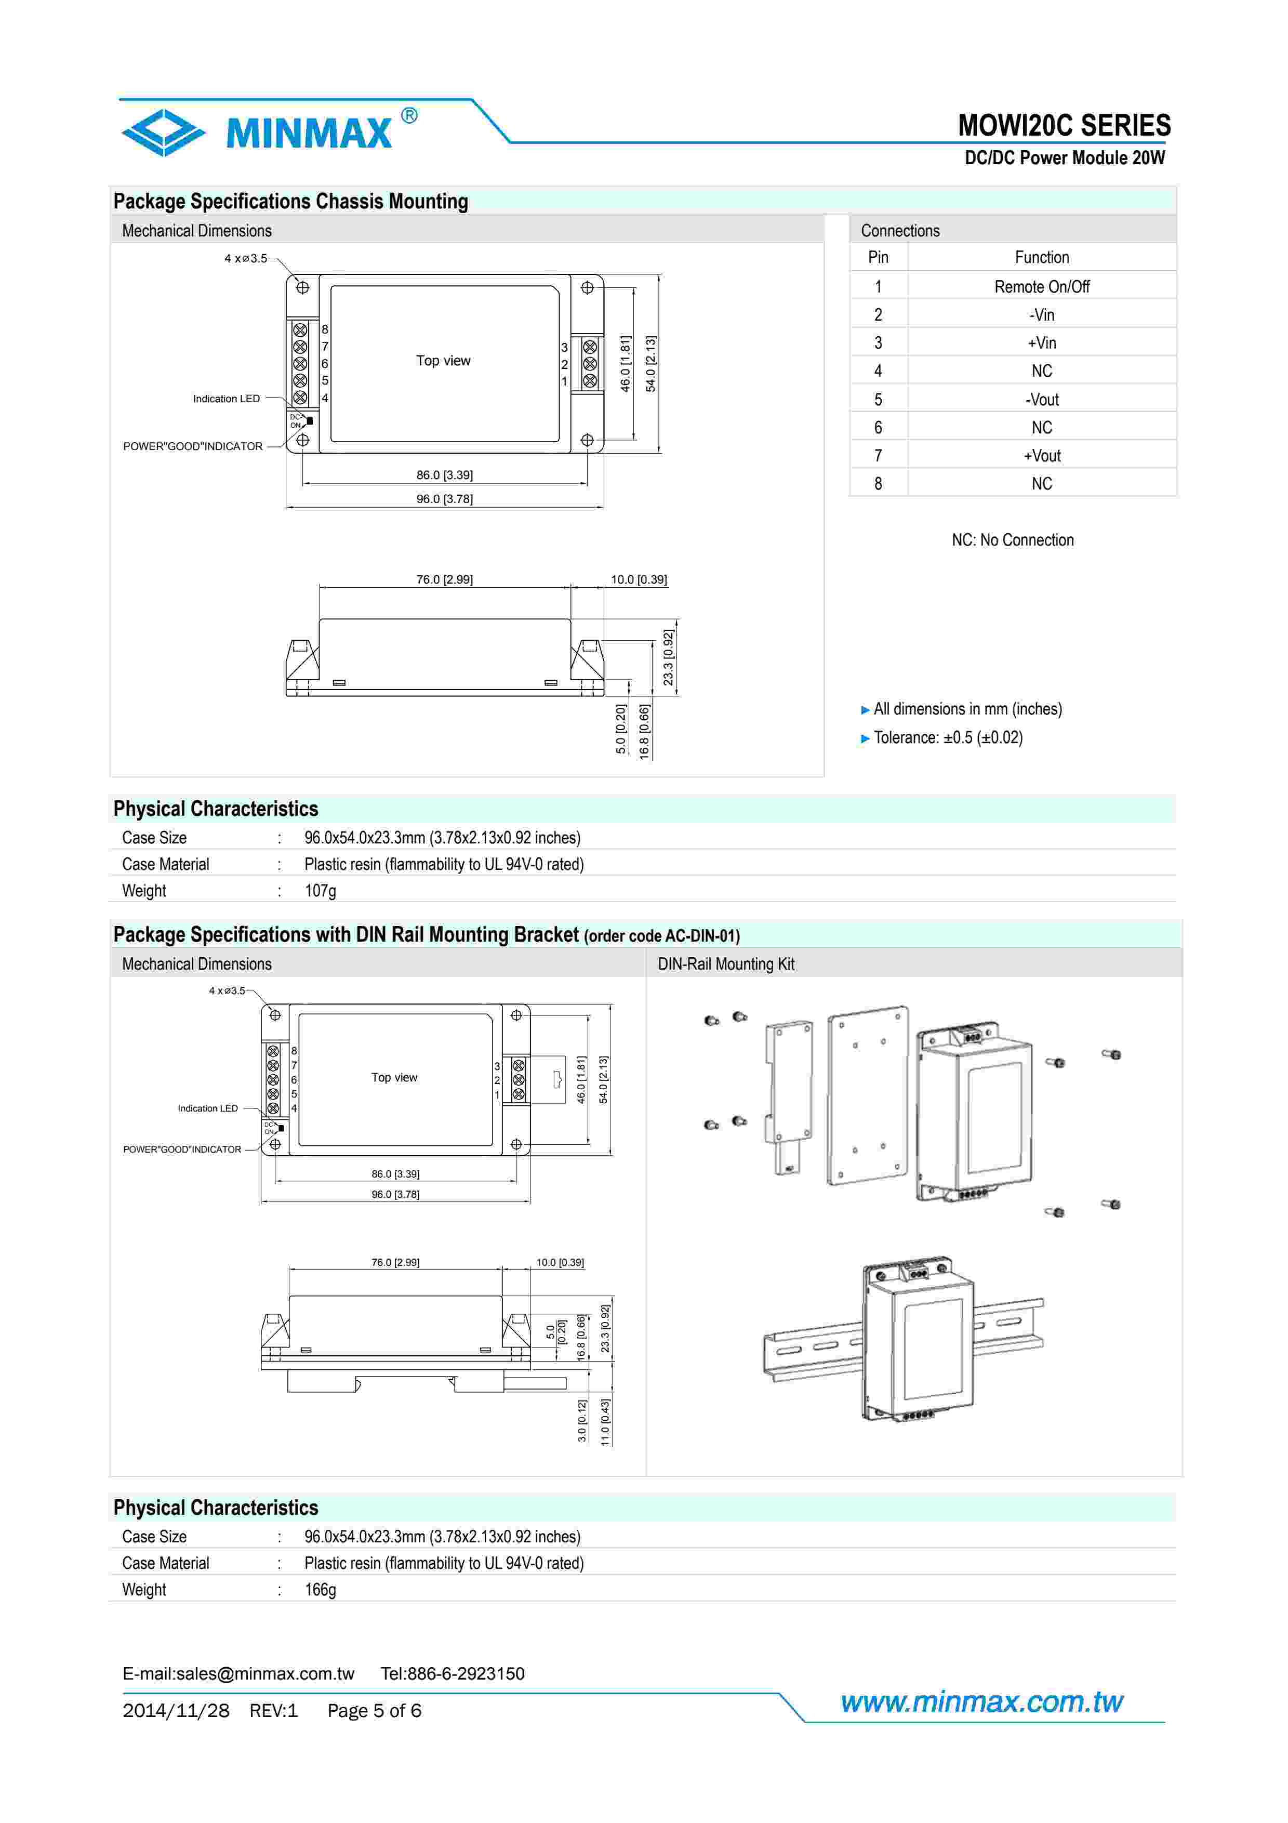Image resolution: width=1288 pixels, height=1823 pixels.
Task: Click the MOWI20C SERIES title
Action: [x=1064, y=125]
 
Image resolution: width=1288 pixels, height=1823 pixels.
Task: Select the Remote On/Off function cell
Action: [x=1041, y=287]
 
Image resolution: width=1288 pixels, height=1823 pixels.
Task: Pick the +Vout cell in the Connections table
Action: [x=1041, y=456]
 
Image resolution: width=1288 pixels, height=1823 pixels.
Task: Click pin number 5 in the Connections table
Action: [x=878, y=400]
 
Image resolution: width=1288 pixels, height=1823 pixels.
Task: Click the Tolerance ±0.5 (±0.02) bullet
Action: [x=948, y=737]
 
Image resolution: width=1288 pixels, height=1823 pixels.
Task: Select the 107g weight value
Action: [x=320, y=891]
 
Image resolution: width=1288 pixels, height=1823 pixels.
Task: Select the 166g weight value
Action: [x=320, y=1590]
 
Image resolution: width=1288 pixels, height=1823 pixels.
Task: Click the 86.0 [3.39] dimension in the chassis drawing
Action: [x=444, y=475]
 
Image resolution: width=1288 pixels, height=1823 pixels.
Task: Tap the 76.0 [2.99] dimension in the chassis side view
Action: [x=444, y=579]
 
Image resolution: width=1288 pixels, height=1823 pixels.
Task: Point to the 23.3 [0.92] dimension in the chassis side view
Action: [x=668, y=657]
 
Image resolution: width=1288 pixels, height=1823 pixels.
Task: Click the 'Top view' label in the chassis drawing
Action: [x=443, y=361]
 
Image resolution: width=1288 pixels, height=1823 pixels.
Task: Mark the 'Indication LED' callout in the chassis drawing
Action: [x=226, y=399]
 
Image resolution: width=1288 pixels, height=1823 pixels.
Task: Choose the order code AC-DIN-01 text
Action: [x=662, y=936]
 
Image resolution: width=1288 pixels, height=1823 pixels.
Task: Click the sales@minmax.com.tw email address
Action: [x=265, y=1674]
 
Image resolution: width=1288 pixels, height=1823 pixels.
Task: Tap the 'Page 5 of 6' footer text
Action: [x=374, y=1711]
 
